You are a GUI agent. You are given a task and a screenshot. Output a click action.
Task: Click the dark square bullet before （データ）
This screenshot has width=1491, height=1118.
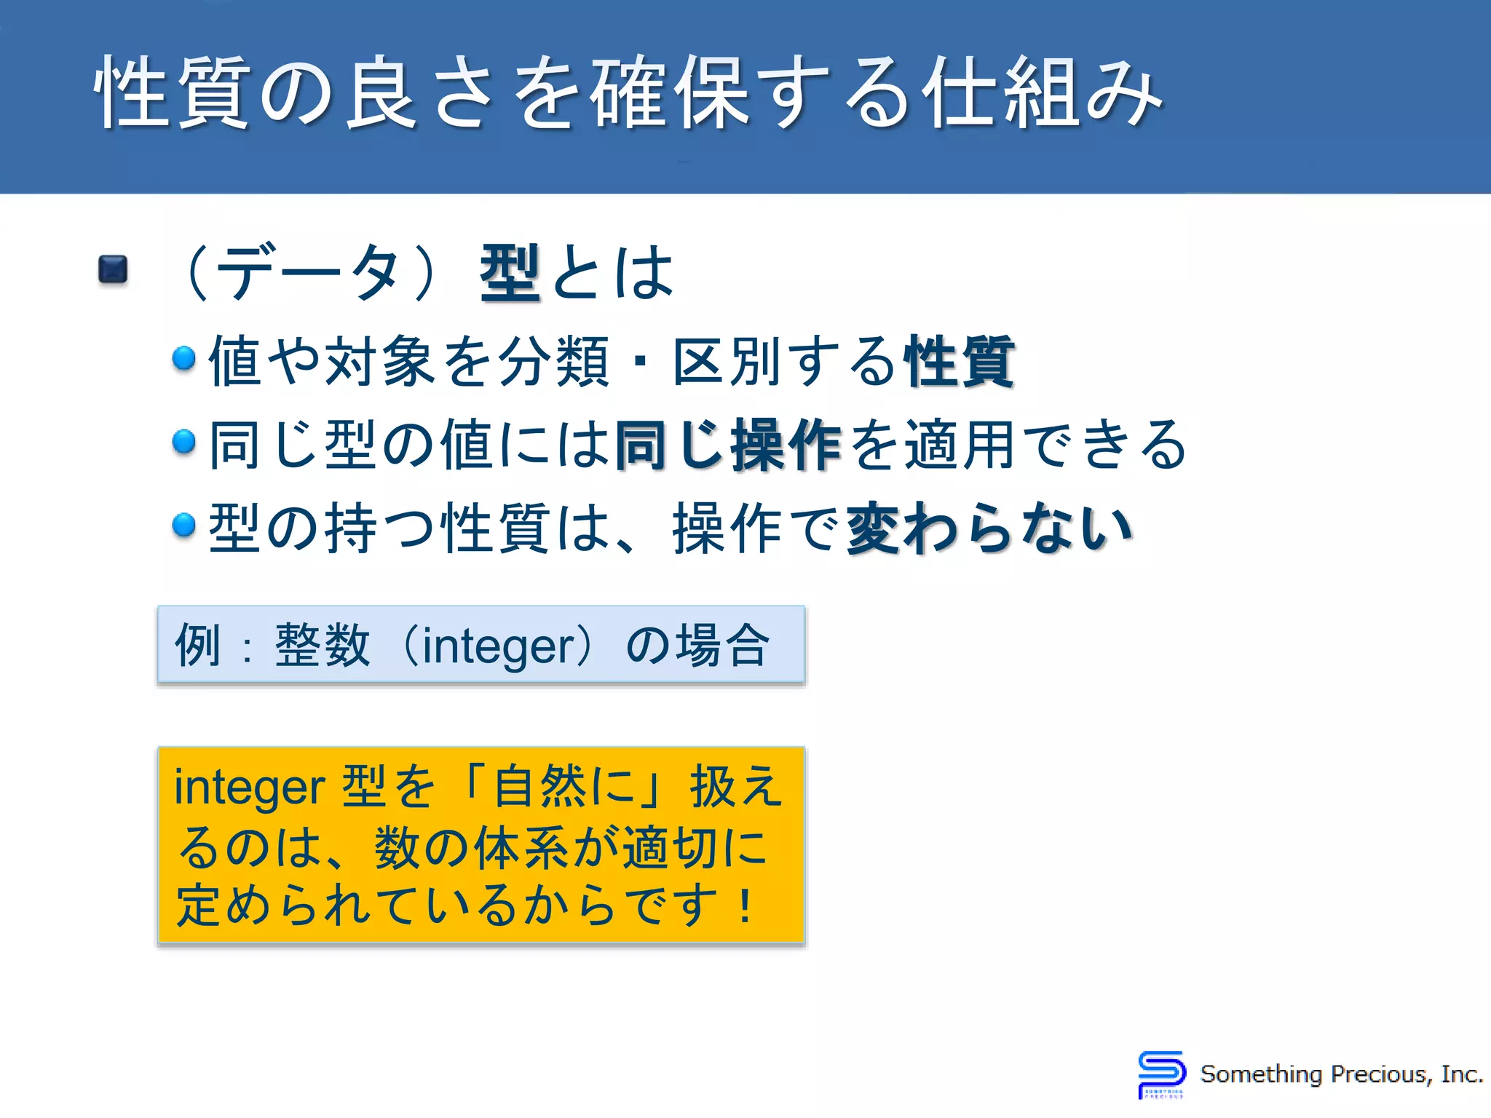[x=113, y=269]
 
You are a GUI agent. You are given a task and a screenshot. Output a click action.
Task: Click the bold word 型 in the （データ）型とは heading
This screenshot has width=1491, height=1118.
[x=510, y=273]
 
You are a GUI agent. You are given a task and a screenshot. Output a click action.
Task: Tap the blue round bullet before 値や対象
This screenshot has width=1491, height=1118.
[x=184, y=358]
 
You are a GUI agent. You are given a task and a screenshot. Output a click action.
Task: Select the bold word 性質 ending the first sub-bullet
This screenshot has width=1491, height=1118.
[x=960, y=362]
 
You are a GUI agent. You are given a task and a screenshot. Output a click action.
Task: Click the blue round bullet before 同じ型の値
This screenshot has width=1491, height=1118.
[x=184, y=441]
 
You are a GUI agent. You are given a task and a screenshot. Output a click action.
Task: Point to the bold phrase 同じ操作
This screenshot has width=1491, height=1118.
[x=728, y=445]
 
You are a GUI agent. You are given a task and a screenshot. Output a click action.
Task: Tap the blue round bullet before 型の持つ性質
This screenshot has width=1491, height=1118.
[x=184, y=524]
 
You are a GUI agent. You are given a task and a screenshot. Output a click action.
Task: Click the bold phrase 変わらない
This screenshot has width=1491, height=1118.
[x=989, y=528]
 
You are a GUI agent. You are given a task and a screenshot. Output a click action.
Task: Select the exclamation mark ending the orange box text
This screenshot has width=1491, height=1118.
[x=744, y=907]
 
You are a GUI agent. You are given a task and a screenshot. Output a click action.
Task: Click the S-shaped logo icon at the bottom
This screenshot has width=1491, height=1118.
[x=1161, y=1074]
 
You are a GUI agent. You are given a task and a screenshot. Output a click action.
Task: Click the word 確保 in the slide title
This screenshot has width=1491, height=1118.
[x=670, y=93]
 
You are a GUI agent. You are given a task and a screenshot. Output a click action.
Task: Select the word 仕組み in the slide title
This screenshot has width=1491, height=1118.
[x=1041, y=93]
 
